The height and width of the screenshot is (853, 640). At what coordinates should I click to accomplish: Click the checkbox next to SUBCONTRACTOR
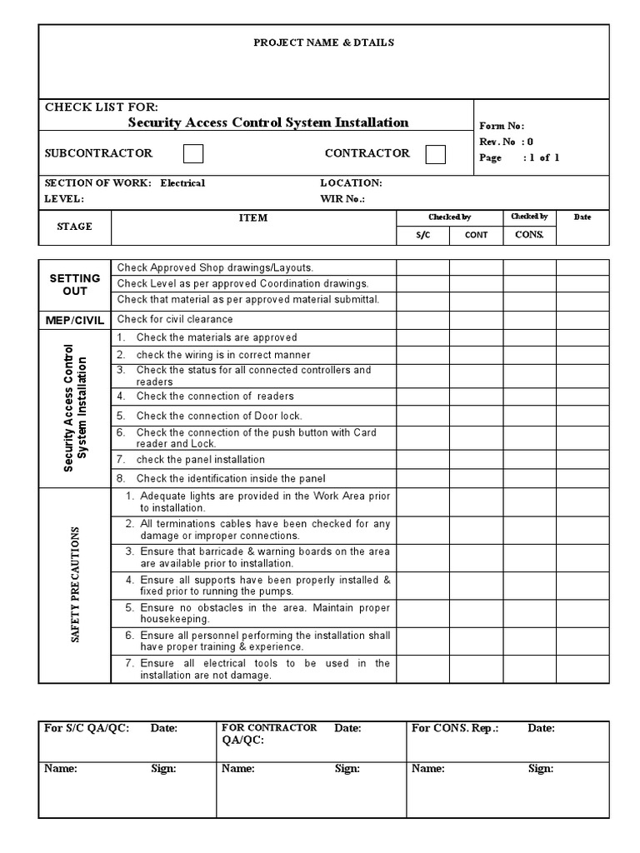(x=193, y=154)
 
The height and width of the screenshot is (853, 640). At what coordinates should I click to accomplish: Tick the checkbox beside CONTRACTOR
(x=435, y=154)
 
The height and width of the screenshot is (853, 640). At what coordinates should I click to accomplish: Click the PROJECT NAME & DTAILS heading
(x=324, y=42)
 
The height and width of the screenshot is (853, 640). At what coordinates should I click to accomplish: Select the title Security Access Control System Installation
(x=267, y=122)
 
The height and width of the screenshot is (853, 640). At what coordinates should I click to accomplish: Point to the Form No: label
(x=501, y=126)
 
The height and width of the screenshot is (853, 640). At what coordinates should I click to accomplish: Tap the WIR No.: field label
(x=342, y=199)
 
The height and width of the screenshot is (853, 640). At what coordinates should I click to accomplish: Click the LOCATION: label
(x=351, y=182)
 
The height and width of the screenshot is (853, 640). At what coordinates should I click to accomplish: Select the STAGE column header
(x=74, y=227)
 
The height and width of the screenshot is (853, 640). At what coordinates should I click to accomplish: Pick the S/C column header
(x=422, y=235)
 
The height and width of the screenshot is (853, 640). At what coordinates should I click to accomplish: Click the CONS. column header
(x=529, y=234)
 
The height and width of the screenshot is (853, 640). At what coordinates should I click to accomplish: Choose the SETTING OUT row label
(x=74, y=284)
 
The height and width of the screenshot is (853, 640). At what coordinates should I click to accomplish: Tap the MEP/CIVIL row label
(x=74, y=320)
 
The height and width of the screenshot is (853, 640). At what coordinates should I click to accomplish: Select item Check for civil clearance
(x=175, y=319)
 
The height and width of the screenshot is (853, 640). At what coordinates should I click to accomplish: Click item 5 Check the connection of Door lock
(x=218, y=416)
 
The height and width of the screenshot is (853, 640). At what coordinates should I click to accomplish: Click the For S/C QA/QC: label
(x=87, y=728)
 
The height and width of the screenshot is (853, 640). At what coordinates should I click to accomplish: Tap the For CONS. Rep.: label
(x=455, y=728)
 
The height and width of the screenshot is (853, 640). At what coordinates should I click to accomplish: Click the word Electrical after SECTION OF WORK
(x=182, y=182)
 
